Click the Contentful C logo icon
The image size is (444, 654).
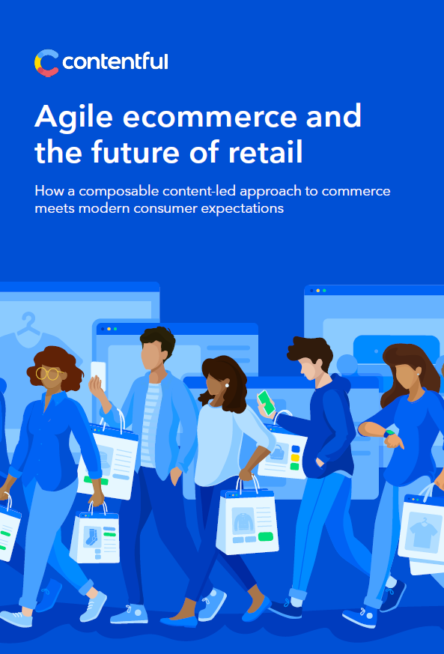(46, 64)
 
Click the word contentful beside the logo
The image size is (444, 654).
(115, 61)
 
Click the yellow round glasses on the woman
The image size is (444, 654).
(49, 373)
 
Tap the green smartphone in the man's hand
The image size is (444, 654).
(266, 402)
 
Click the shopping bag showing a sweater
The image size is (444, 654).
(248, 520)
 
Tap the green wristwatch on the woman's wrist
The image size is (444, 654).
(390, 433)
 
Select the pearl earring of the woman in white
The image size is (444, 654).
(227, 385)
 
